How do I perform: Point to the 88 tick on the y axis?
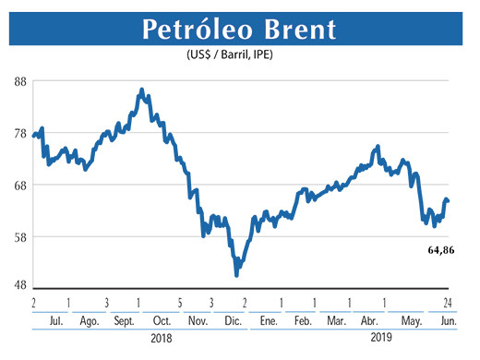point(18,81)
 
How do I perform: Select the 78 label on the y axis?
point(18,134)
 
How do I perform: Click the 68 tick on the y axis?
point(18,185)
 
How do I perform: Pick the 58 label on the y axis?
point(18,236)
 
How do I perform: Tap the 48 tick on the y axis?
point(18,285)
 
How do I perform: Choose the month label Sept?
point(124,321)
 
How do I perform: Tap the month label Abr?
point(368,321)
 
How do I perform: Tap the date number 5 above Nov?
point(179,304)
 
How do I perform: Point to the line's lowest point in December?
point(237,274)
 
